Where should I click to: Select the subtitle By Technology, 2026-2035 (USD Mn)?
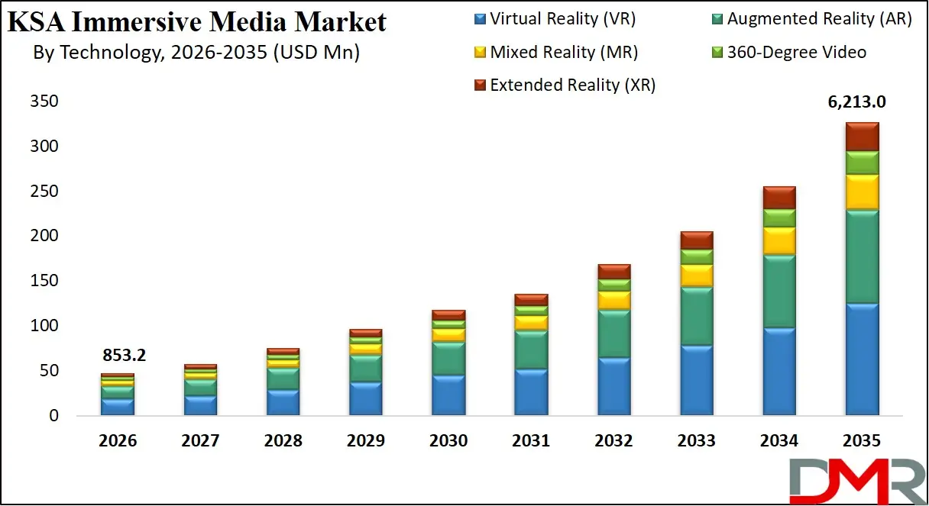[x=197, y=53]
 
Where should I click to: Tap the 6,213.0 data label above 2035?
[x=862, y=102]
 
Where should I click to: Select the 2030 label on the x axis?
[x=448, y=441]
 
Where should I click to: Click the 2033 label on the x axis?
[x=697, y=441]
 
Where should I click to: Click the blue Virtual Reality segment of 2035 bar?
[x=862, y=359]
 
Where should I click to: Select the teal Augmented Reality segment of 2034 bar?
[x=779, y=292]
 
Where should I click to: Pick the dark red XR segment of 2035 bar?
[x=862, y=137]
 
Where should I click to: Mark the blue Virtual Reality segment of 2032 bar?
[x=613, y=386]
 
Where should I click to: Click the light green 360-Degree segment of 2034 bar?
[x=779, y=218]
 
